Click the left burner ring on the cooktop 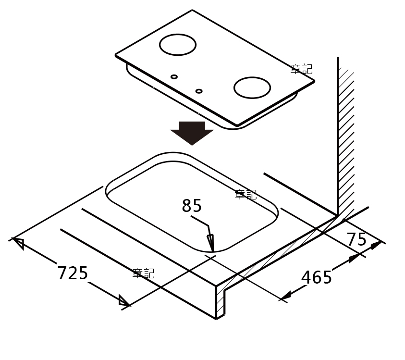[x=178, y=45]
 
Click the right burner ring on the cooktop [x=252, y=87]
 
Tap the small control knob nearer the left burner [x=174, y=77]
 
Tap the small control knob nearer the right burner [x=199, y=91]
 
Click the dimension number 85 [x=192, y=206]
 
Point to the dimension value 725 [x=73, y=273]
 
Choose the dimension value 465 [x=316, y=277]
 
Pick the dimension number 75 [x=356, y=239]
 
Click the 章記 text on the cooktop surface [x=301, y=69]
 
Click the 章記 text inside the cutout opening [x=245, y=195]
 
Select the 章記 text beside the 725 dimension [x=143, y=273]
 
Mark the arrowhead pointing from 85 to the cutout [x=210, y=243]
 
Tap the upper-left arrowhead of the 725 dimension [x=18, y=243]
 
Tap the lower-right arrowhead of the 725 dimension [x=124, y=301]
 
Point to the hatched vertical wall [x=346, y=139]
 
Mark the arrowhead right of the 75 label [x=376, y=245]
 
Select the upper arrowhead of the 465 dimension [x=354, y=258]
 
